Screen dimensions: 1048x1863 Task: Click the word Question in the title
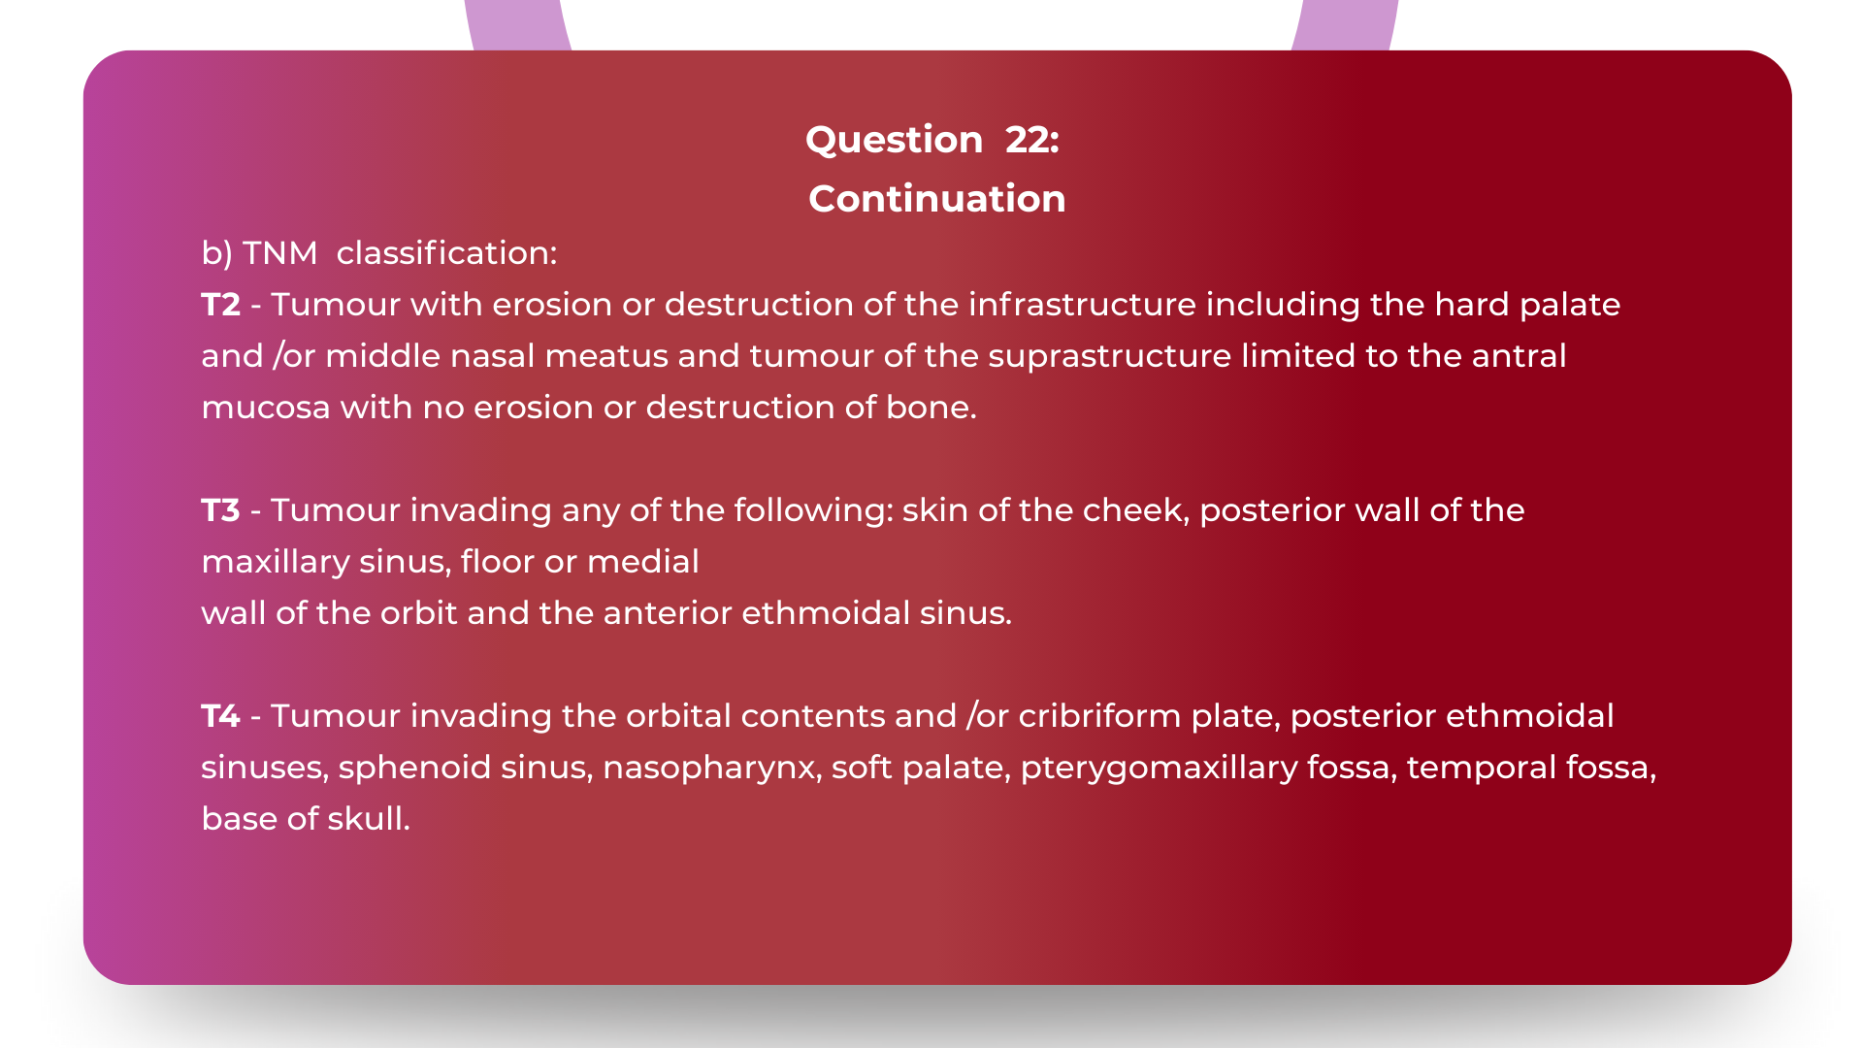[x=894, y=140]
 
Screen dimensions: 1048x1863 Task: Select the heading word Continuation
[x=936, y=199]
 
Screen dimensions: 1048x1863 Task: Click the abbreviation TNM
[x=279, y=253]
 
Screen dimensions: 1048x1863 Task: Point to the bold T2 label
[x=220, y=305]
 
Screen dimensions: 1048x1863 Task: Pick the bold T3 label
[x=220, y=510]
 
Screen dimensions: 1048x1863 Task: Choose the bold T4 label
[x=220, y=716]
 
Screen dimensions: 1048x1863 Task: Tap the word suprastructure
[x=1109, y=356]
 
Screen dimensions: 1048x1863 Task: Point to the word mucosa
[x=265, y=408]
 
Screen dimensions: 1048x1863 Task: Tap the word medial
[x=642, y=562]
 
